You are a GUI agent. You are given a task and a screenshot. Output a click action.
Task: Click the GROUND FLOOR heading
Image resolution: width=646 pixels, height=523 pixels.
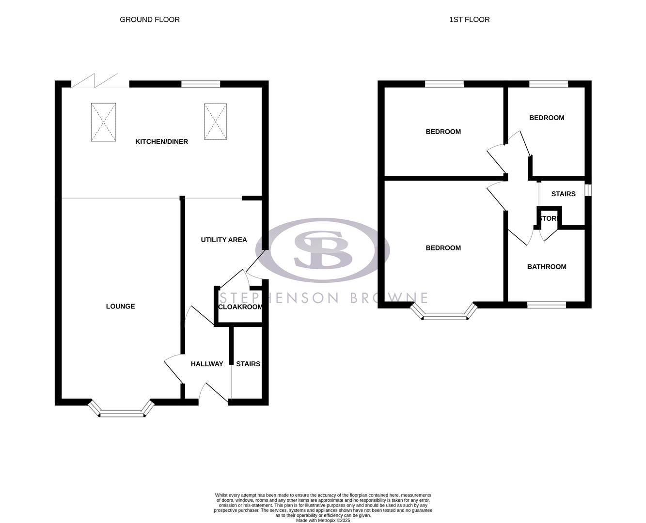[150, 20]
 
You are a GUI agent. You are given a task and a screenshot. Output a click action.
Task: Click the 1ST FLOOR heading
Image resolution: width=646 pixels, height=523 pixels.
[469, 20]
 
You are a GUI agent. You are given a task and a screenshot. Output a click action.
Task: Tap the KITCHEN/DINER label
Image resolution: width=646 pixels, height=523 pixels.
[161, 142]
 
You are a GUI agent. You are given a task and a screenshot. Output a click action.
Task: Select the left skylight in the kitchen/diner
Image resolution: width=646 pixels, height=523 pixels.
[103, 122]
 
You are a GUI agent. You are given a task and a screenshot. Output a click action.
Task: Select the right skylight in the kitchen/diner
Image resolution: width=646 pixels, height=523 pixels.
[215, 122]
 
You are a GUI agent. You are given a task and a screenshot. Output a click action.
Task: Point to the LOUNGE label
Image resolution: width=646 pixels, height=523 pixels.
[120, 307]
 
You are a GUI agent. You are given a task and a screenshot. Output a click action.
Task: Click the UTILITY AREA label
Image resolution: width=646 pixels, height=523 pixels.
[223, 240]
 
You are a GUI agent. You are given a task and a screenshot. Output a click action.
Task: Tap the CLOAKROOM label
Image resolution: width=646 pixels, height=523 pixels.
[240, 307]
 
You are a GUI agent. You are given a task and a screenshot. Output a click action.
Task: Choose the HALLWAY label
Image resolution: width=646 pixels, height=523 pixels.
[207, 364]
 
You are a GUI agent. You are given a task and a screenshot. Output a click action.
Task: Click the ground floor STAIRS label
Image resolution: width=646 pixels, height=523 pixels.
[248, 364]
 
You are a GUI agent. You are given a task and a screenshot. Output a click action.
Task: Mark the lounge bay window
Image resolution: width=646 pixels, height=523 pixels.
[122, 412]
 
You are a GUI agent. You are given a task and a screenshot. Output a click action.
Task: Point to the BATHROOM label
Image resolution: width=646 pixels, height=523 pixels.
[547, 267]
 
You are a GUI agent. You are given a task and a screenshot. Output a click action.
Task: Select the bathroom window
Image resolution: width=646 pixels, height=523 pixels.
[546, 305]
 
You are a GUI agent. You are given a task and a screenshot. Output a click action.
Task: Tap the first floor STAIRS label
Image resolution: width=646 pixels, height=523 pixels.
[563, 194]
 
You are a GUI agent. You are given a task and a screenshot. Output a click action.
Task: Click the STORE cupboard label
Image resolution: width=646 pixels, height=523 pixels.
[549, 219]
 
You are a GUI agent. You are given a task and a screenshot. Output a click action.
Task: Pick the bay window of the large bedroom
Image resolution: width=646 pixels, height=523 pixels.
[444, 316]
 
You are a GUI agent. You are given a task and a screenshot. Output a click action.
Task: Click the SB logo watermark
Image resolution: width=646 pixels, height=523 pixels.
[322, 250]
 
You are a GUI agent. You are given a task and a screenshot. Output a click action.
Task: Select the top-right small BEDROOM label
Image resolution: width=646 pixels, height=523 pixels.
[547, 118]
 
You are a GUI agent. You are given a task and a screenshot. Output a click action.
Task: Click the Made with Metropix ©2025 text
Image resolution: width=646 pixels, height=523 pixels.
[323, 521]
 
